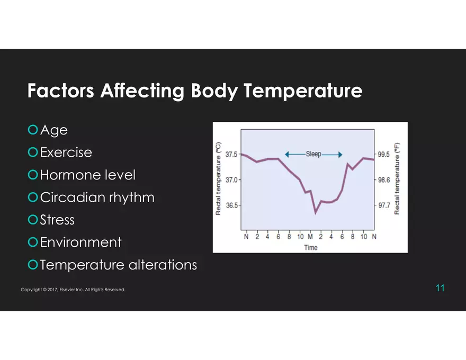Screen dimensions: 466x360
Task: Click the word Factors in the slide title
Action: tap(60, 91)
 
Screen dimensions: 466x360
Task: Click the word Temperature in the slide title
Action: tap(303, 91)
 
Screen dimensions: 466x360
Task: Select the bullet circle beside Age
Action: tap(33, 130)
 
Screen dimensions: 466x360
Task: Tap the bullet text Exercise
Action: tap(66, 152)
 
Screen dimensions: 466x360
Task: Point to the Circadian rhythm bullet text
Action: tap(97, 197)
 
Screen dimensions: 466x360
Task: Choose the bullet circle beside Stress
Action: tap(33, 220)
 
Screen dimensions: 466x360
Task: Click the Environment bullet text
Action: tap(81, 242)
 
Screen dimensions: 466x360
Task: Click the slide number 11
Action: tap(440, 288)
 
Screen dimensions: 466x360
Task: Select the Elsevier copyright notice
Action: tap(73, 290)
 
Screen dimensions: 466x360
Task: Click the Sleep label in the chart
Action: tap(313, 154)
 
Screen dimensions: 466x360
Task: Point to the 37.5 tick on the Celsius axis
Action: tap(231, 155)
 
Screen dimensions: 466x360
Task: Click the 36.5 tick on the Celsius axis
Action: tap(231, 205)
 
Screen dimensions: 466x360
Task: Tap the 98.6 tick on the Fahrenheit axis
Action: tap(384, 180)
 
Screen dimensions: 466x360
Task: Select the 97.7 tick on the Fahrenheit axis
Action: tap(384, 205)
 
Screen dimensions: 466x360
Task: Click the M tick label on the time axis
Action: tap(310, 237)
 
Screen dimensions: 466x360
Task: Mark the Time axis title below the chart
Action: tap(311, 248)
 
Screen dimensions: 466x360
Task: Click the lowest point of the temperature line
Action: tap(315, 213)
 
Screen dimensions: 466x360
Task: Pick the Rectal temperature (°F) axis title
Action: tap(397, 179)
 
